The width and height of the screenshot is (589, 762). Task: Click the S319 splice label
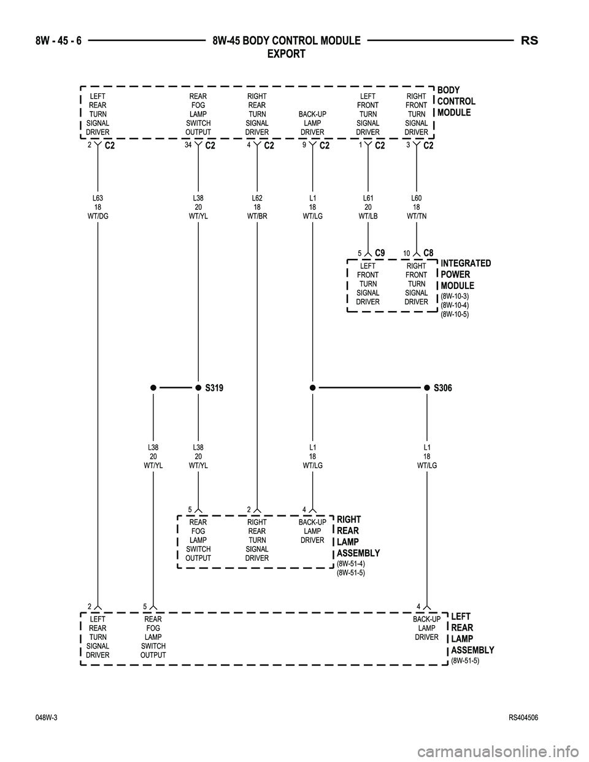coord(215,388)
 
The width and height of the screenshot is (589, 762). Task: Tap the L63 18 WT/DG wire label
coord(98,207)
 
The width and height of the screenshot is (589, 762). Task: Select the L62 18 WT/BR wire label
coord(257,207)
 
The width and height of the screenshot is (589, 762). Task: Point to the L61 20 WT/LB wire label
coord(368,207)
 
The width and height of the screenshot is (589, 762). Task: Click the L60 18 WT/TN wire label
coord(417,207)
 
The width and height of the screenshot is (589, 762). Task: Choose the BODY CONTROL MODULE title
coord(456,101)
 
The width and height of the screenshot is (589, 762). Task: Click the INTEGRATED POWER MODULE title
coord(465,274)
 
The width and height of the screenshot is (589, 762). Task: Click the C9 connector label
coord(379,252)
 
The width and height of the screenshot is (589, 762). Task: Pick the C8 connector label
coord(428,252)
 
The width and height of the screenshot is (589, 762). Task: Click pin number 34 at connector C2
coord(188,145)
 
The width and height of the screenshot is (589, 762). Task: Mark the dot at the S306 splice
coord(426,388)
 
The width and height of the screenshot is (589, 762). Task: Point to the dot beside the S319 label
coord(198,388)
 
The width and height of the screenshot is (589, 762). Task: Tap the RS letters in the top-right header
coord(529,41)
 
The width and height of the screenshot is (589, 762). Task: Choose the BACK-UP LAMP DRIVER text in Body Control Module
coord(312,123)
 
